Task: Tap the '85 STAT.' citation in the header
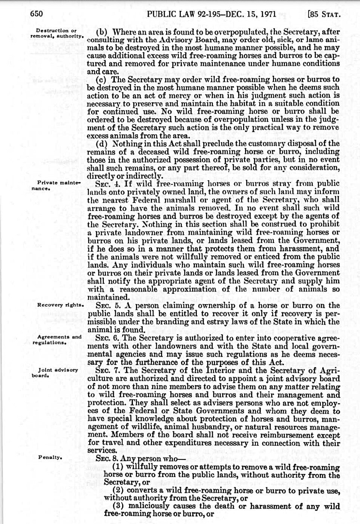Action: (x=323, y=15)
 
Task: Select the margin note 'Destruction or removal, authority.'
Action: (x=56, y=33)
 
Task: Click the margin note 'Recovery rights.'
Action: (x=60, y=305)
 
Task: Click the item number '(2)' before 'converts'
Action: (x=118, y=491)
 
